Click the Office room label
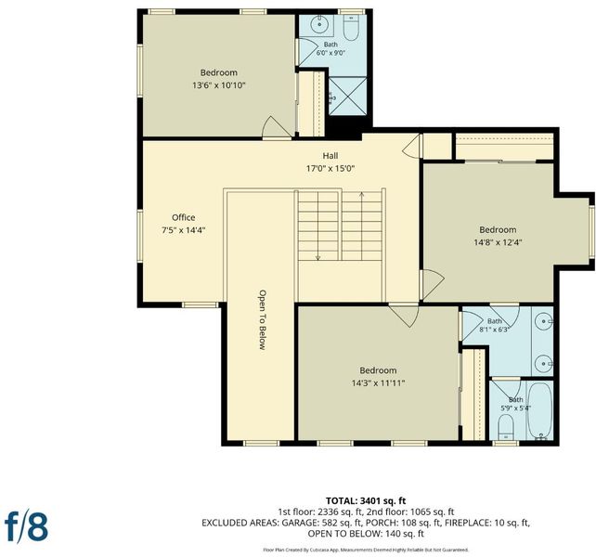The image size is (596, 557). pos(184,217)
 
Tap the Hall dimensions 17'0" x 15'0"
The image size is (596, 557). pos(330,168)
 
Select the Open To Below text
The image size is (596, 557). pos(263,319)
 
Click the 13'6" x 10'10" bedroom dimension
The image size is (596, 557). pos(219,85)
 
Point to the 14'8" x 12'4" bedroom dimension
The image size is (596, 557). pos(498,242)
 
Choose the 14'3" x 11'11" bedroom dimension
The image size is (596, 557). pos(378,382)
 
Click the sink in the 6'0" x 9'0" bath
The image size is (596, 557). pos(319,25)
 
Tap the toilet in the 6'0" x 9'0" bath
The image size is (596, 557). pos(351,28)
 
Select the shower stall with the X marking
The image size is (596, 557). pos(348,96)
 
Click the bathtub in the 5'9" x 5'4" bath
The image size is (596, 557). pos(539,410)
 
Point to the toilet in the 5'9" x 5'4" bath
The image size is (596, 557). pos(506,427)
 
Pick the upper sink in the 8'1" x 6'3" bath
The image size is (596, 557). pos(544,321)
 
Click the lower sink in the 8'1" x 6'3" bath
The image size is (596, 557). pos(544,364)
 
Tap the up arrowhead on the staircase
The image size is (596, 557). pos(361,195)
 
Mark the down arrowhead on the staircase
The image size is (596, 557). pos(318,258)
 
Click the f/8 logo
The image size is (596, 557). pos(26,526)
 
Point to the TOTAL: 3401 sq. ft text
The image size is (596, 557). pos(366,500)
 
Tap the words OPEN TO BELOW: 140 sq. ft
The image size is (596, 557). pos(366,534)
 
